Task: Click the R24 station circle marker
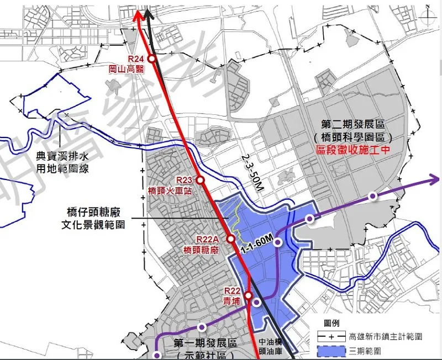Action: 152,60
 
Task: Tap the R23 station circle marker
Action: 201,181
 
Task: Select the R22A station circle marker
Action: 231,239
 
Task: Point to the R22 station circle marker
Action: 248,294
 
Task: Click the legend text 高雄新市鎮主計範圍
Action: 386,336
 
